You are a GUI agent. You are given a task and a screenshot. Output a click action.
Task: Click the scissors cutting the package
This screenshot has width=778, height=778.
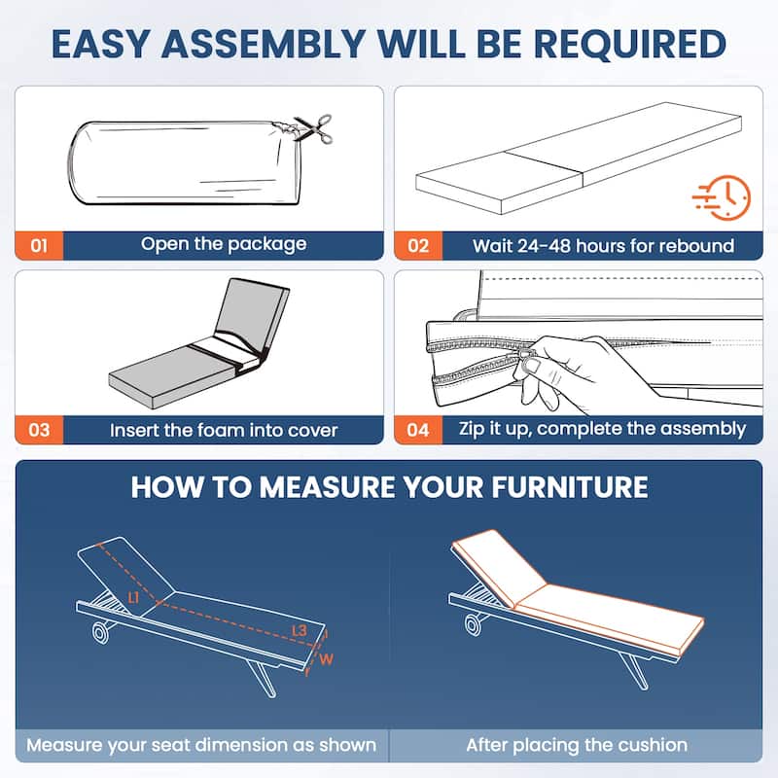[313, 128]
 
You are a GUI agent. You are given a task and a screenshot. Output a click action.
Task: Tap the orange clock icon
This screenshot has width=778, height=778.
[723, 197]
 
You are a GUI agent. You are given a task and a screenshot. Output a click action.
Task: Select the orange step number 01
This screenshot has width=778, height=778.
[39, 246]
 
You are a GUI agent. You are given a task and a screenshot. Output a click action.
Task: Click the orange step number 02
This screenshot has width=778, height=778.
[418, 246]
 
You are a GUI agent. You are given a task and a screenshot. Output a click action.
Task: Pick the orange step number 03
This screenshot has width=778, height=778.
[39, 430]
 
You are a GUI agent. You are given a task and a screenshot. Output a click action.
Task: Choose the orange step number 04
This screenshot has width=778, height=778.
[418, 430]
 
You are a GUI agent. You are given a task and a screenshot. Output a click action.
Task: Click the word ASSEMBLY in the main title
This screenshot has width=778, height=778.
[264, 44]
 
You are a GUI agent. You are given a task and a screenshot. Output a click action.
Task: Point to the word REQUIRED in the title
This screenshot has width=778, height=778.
[630, 44]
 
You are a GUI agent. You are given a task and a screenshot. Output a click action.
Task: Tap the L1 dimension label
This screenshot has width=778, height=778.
[133, 598]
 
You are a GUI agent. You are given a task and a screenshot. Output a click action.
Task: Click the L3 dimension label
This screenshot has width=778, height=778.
[300, 630]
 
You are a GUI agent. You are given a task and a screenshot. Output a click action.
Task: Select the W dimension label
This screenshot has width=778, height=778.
[326, 659]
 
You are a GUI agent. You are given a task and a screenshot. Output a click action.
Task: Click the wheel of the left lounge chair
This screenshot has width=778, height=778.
[101, 633]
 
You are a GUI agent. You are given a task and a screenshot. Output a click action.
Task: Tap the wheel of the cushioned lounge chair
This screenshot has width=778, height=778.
[473, 624]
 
